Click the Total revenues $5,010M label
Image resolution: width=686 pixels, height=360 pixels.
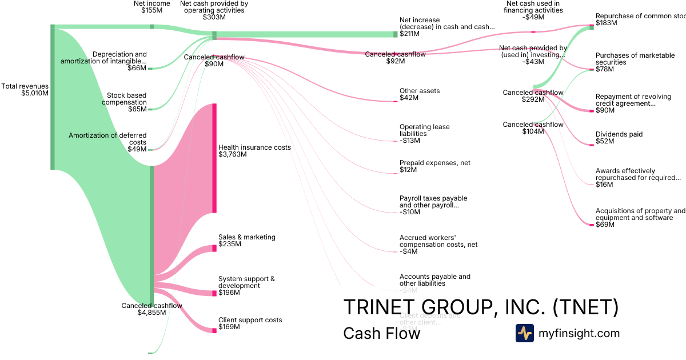click(x=25, y=90)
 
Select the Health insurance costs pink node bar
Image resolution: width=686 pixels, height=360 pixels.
click(x=214, y=158)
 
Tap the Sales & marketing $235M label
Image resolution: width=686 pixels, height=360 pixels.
click(x=246, y=241)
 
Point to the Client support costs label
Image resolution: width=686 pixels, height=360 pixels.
click(x=250, y=324)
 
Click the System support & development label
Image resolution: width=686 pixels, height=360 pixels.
click(x=246, y=286)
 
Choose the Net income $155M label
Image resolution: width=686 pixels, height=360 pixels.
click(x=151, y=7)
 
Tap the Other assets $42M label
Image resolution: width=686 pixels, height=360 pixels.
click(x=420, y=94)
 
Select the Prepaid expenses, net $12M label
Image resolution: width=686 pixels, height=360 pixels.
click(x=434, y=166)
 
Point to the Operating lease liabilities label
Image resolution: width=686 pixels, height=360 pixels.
click(x=424, y=134)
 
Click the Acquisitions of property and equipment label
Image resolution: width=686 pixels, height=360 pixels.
click(x=640, y=218)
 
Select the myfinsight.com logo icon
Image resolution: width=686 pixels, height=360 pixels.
click(x=524, y=333)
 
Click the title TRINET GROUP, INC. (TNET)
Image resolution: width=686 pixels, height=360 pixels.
click(x=481, y=307)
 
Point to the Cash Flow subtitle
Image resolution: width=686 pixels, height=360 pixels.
click(x=381, y=333)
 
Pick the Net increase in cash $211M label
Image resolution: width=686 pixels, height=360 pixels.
click(x=446, y=27)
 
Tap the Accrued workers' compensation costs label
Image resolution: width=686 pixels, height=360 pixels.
click(x=438, y=244)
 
